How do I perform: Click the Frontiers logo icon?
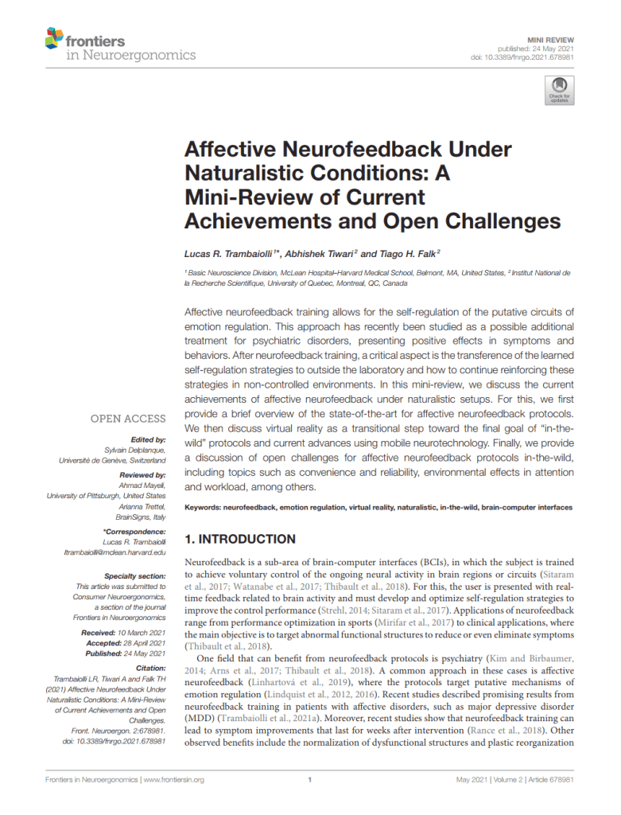pyautogui.click(x=55, y=38)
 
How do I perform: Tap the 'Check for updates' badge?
pyautogui.click(x=559, y=91)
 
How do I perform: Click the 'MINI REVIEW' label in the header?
pyautogui.click(x=550, y=39)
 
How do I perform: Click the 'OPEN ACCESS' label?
pyautogui.click(x=128, y=419)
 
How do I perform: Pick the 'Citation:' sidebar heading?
pyautogui.click(x=149, y=668)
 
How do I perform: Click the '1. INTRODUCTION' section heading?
pyautogui.click(x=240, y=539)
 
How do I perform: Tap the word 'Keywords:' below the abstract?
pyautogui.click(x=203, y=507)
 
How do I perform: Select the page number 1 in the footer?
pyautogui.click(x=309, y=779)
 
